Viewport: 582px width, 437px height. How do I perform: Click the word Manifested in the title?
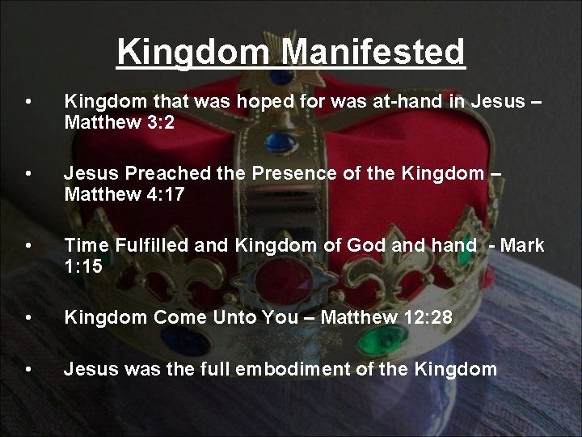pyautogui.click(x=373, y=52)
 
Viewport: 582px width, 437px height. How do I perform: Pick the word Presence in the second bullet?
pyautogui.click(x=291, y=173)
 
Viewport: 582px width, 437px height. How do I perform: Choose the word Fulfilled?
pyautogui.click(x=154, y=245)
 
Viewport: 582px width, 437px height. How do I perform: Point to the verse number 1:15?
pyautogui.click(x=83, y=267)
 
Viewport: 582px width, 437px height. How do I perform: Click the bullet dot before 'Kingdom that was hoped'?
pyautogui.click(x=29, y=102)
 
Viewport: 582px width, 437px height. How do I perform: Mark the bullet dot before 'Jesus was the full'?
pyautogui.click(x=29, y=370)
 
